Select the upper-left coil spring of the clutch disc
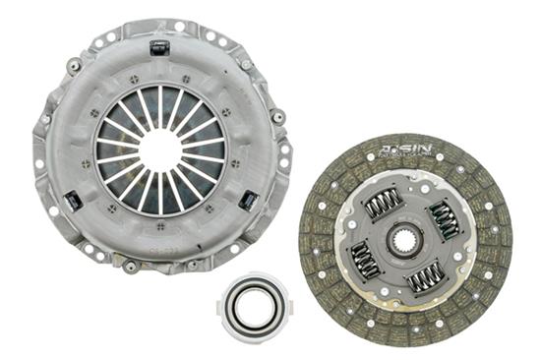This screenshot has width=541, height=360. tap(383, 205)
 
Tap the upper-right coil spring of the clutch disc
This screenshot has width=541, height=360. tap(445, 220)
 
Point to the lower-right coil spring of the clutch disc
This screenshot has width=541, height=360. tap(427, 277)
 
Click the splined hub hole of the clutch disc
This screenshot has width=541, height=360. tap(405, 239)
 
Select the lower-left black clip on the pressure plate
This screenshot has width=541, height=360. tap(72, 202)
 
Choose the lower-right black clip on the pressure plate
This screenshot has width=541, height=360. tap(249, 201)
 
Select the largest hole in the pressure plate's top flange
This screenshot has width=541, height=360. tap(179, 27)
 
